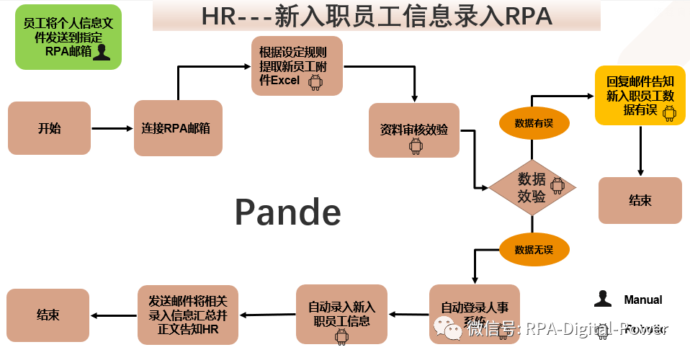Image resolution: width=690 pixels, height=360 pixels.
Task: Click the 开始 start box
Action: pos(49,128)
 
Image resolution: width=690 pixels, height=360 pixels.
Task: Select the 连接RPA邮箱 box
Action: pos(178,128)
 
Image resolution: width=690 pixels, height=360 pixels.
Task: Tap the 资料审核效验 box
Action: pos(414,130)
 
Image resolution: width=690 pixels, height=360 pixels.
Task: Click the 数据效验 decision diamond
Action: pos(532,188)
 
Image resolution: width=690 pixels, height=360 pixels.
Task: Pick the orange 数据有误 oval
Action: pos(534,123)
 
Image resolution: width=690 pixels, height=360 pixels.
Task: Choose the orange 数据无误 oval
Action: pos(534,250)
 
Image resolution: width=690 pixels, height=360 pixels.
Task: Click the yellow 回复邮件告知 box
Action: pos(640,95)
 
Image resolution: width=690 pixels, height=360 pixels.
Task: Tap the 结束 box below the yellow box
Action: pos(640,200)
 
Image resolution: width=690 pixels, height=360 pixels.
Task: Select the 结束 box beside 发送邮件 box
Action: pos(48,315)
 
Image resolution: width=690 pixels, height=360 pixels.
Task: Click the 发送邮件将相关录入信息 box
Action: pos(183,315)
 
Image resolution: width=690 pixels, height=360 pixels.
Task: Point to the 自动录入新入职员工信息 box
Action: pos(341,315)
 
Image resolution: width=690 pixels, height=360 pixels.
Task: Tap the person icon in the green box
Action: pos(102,52)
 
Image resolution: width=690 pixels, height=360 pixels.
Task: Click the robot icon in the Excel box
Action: pos(315,82)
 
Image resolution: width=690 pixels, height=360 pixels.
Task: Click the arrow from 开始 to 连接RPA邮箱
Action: pos(112,129)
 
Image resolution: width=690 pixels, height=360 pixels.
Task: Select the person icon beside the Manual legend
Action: pos(603,300)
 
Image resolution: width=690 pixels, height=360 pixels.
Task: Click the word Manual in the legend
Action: pos(643,300)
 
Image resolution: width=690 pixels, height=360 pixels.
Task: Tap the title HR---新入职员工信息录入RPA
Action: pos(376,17)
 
